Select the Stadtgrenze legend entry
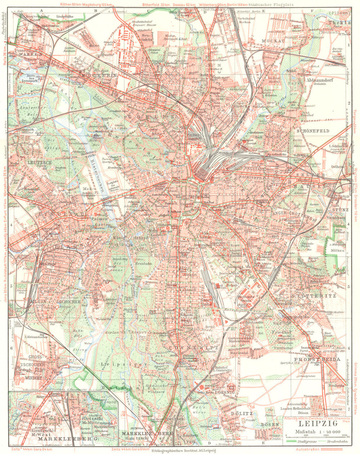[297, 441]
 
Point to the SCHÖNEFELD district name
[313, 131]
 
